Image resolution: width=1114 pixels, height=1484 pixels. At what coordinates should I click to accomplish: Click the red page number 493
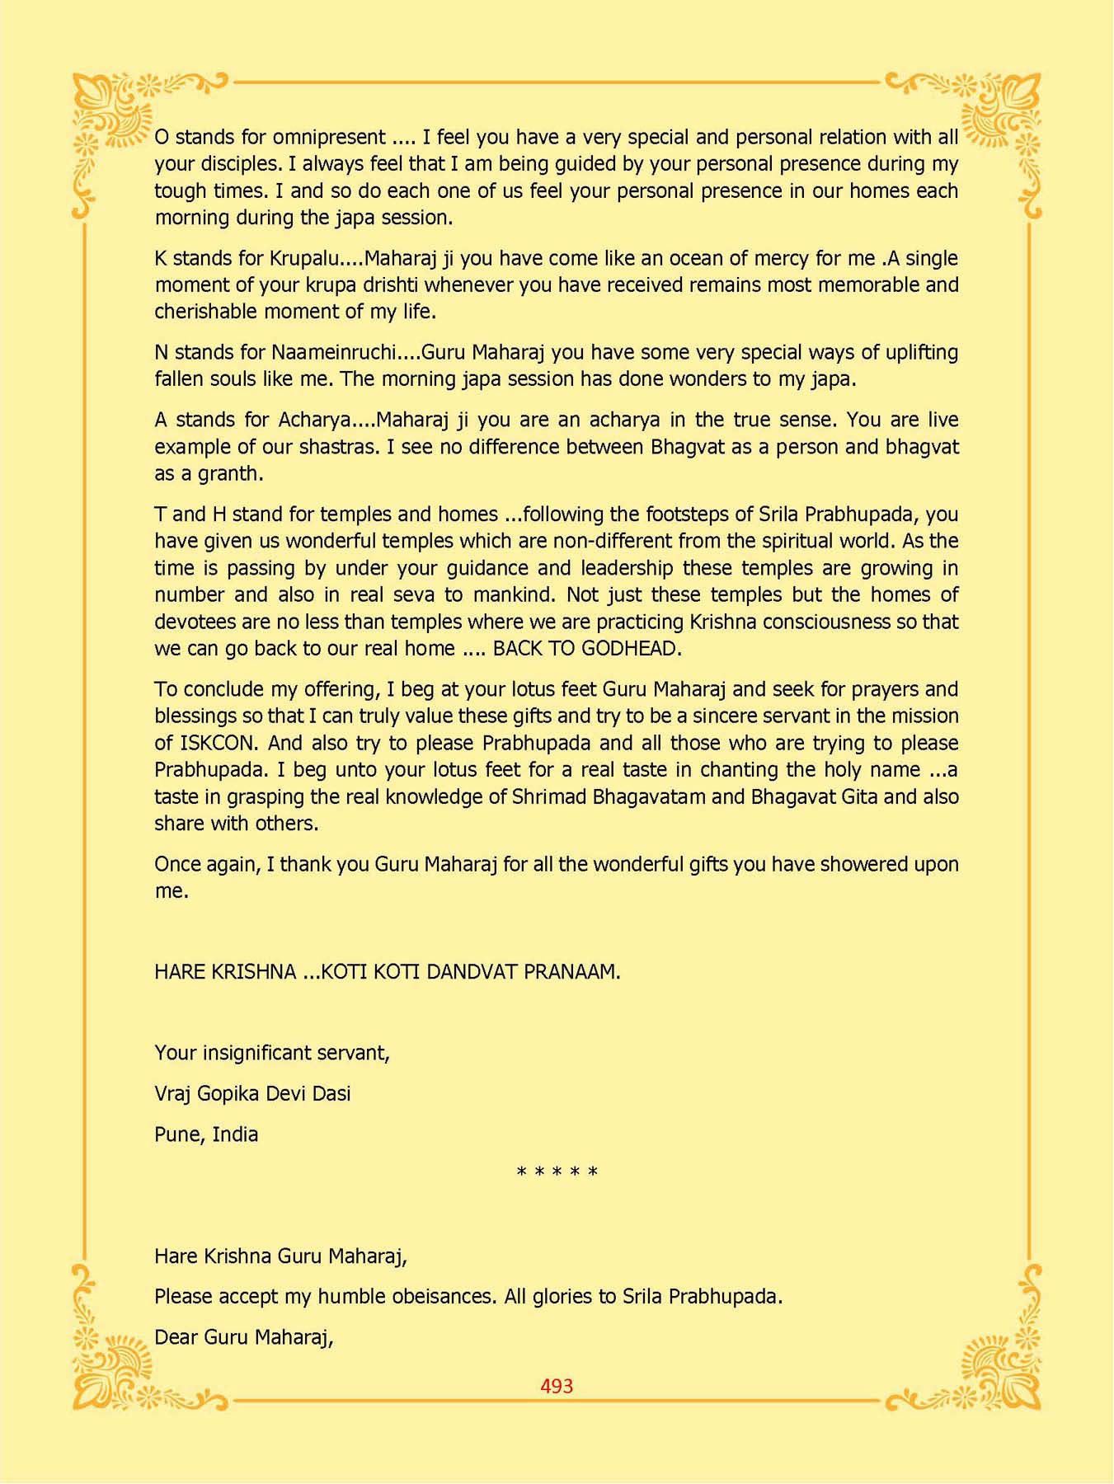pos(557,1386)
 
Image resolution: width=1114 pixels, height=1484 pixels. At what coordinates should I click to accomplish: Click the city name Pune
pos(178,1134)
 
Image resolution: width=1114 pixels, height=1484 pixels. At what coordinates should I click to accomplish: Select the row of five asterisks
pos(557,1172)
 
